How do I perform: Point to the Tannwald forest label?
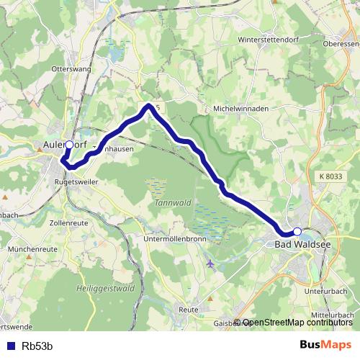[x=170, y=202]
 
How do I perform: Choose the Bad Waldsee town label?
[x=303, y=245]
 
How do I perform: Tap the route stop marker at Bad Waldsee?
[x=297, y=231]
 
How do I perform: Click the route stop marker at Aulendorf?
[x=69, y=145]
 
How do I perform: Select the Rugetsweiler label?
[x=76, y=182]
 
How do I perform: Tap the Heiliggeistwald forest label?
[x=105, y=288]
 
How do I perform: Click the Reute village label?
[x=188, y=309]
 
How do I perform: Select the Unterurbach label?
[x=325, y=291]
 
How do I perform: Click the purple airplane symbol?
[x=210, y=264]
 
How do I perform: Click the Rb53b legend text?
[x=37, y=346]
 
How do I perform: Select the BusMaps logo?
[x=324, y=344]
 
